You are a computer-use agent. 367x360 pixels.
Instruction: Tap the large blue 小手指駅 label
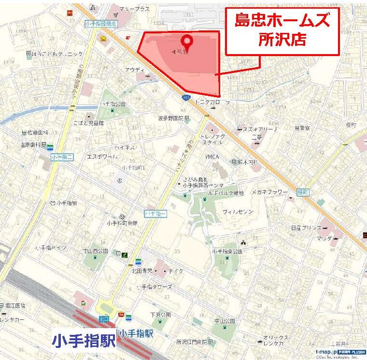(84, 340)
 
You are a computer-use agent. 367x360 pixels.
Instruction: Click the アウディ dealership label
(135, 70)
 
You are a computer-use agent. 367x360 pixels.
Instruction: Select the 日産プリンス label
(306, 227)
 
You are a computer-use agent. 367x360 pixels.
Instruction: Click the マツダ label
(325, 238)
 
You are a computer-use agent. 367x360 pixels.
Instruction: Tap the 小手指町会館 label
(121, 223)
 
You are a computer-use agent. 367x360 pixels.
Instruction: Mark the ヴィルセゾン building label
(238, 212)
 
